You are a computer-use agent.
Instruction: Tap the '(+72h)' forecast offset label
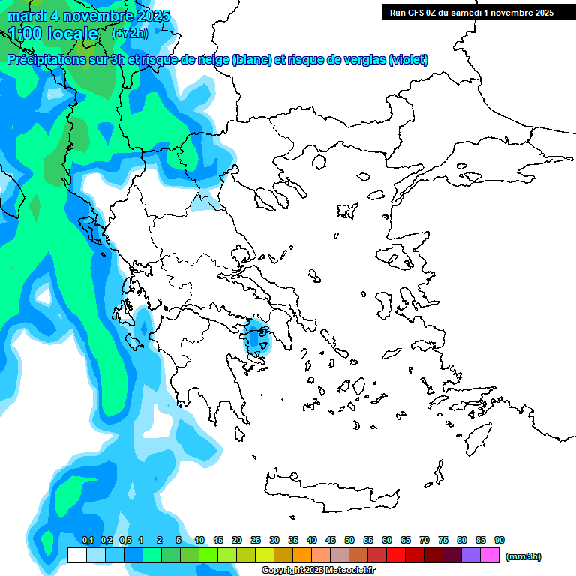pyautogui.click(x=130, y=34)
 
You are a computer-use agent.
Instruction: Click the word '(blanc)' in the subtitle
pyautogui.click(x=252, y=60)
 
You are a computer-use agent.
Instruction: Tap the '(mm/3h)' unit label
pyautogui.click(x=523, y=556)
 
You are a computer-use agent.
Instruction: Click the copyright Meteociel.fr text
pyautogui.click(x=318, y=570)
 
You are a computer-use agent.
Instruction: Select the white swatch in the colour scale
pyautogui.click(x=76, y=555)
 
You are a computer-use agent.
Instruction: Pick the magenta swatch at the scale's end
pyautogui.click(x=490, y=555)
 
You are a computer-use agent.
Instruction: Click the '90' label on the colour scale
pyautogui.click(x=499, y=540)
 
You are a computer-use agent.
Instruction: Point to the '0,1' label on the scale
pyautogui.click(x=87, y=540)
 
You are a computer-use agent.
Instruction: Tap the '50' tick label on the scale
pyautogui.click(x=349, y=540)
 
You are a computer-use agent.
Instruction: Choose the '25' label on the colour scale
pyautogui.click(x=256, y=540)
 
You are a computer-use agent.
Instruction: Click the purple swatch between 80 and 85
pyautogui.click(x=471, y=555)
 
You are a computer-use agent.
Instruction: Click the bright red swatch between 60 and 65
pyautogui.click(x=396, y=555)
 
